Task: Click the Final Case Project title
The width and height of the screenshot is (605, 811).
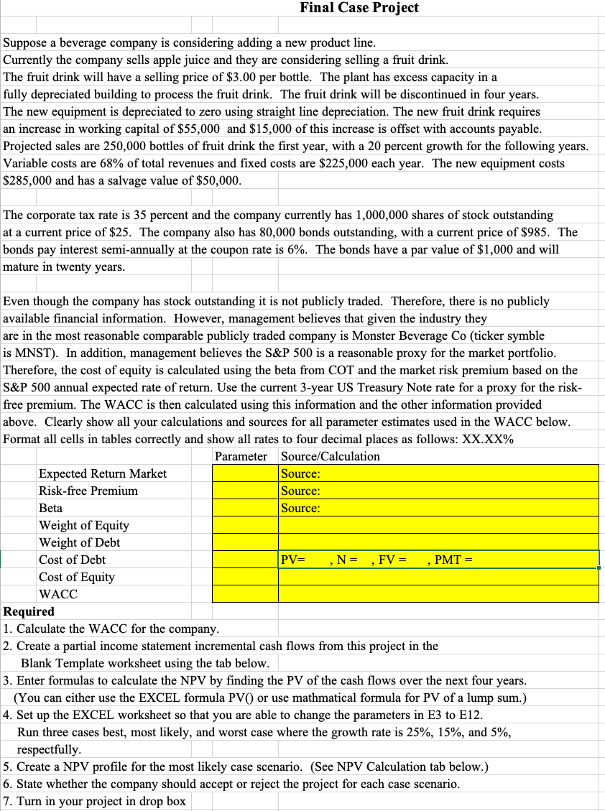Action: click(359, 8)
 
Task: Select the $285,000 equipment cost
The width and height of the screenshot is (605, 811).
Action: click(27, 180)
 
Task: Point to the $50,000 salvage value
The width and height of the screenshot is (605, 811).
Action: click(218, 180)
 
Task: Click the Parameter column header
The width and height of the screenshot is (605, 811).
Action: click(241, 456)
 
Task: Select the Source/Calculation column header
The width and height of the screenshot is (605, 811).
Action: click(331, 456)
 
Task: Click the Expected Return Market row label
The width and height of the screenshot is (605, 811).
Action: click(102, 473)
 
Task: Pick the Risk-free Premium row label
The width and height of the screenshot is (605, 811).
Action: click(88, 491)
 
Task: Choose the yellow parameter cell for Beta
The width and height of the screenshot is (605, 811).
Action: click(244, 508)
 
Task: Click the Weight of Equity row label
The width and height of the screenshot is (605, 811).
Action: click(83, 525)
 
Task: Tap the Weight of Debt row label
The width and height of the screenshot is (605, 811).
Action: click(79, 542)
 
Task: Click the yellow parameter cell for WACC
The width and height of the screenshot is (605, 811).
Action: click(244, 594)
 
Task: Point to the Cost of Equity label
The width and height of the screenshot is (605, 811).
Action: click(76, 577)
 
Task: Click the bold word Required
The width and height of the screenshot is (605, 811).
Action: click(29, 611)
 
